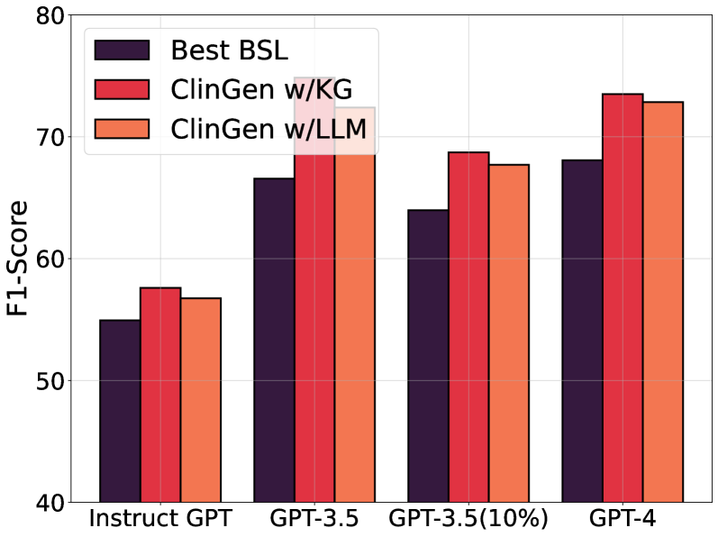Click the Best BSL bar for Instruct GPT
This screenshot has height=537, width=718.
tap(120, 411)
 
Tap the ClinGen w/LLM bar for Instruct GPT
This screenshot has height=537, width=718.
tap(200, 400)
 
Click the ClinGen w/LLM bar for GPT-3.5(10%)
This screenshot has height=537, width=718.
tap(508, 333)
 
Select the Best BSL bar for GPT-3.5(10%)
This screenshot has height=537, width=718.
tap(428, 356)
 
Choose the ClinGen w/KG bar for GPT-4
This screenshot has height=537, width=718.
tap(623, 297)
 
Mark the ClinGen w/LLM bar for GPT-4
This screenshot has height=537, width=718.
tap(662, 302)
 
